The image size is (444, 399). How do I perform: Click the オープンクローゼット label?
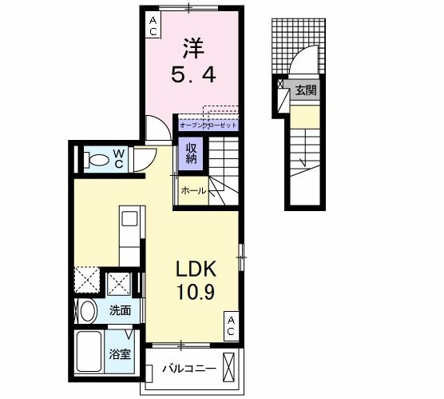point(208,126)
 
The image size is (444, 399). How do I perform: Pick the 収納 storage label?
point(192,153)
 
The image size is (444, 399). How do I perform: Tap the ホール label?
point(193,191)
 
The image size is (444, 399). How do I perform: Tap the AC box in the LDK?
point(231,325)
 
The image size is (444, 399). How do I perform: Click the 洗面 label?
point(121,310)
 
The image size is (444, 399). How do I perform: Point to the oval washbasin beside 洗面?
point(87,310)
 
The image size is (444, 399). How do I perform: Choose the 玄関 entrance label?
point(305,90)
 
